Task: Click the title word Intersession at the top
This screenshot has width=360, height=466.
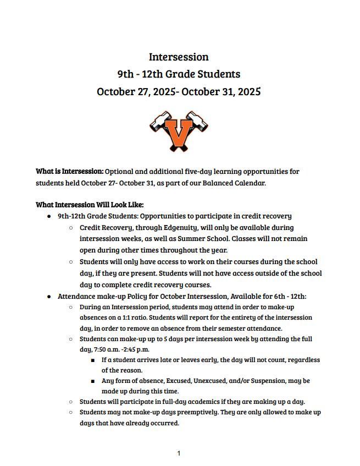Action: tap(179, 57)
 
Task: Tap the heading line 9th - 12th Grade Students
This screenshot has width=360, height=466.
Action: tap(179, 74)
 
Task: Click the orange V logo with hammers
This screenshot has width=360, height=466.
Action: tap(179, 131)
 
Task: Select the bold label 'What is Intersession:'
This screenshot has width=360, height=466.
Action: tap(69, 172)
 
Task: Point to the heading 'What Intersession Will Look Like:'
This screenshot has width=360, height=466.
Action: tap(90, 205)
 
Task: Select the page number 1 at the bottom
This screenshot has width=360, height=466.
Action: tap(179, 453)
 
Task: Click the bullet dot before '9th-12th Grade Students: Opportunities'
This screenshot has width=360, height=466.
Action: tap(49, 217)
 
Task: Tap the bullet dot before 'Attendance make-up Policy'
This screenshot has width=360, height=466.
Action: tap(49, 297)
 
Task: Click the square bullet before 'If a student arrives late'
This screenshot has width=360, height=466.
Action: tap(93, 360)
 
